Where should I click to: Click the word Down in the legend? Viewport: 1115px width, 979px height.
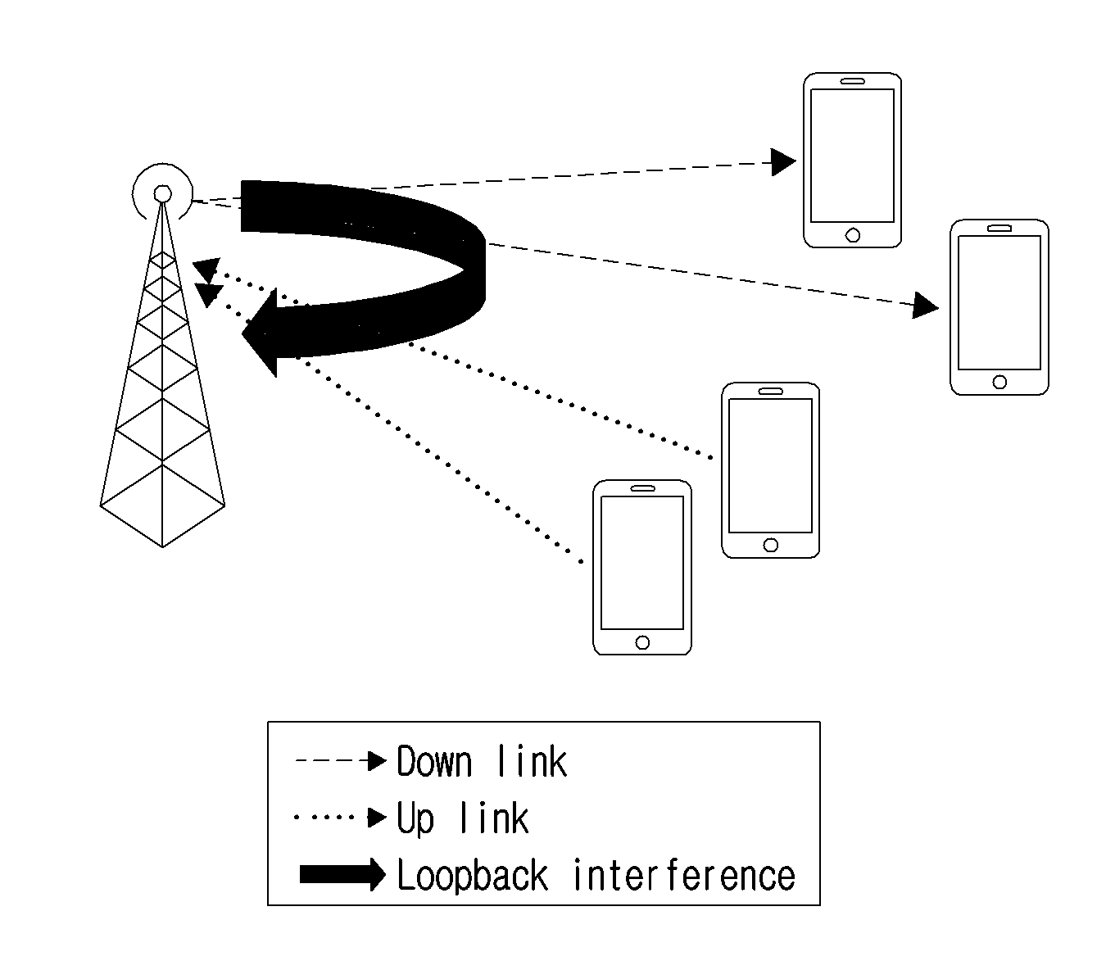pyautogui.click(x=434, y=762)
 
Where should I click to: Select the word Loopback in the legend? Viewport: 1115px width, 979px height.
pyautogui.click(x=472, y=875)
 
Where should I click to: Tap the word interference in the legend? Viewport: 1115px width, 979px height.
pyautogui.click(x=684, y=875)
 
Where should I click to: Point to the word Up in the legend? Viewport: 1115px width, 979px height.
pyautogui.click(x=415, y=820)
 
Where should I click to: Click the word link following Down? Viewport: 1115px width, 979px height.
pyautogui.click(x=532, y=762)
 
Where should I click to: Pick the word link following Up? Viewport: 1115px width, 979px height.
pyautogui.click(x=494, y=818)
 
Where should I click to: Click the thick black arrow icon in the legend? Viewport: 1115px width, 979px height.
pyautogui.click(x=342, y=874)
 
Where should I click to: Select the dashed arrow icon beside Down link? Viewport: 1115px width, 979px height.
pyautogui.click(x=341, y=761)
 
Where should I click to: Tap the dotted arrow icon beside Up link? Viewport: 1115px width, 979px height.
pyautogui.click(x=341, y=818)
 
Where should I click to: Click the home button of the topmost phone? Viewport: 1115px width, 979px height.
pyautogui.click(x=853, y=235)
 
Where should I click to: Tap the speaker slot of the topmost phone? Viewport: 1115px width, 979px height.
pyautogui.click(x=853, y=81)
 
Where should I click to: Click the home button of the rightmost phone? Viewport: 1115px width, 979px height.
pyautogui.click(x=999, y=382)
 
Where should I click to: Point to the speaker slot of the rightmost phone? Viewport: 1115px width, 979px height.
pyautogui.click(x=999, y=229)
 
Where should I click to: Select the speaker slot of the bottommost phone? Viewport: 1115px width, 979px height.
pyautogui.click(x=642, y=488)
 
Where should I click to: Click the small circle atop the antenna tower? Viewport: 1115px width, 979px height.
pyautogui.click(x=162, y=193)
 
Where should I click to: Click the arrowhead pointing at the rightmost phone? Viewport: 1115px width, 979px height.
pyautogui.click(x=925, y=306)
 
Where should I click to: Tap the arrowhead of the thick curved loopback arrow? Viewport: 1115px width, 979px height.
pyautogui.click(x=260, y=333)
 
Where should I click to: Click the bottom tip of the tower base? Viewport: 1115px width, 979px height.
pyautogui.click(x=162, y=547)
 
